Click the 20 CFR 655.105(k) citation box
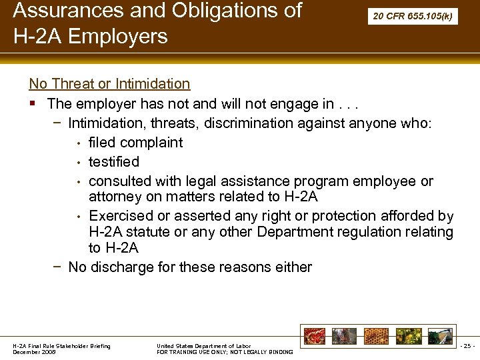(413, 16)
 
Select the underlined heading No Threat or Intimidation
(109, 84)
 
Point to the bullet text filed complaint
(135, 142)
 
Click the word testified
(114, 161)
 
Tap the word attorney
(115, 197)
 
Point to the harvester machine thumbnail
(440, 336)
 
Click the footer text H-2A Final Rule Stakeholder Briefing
(62, 345)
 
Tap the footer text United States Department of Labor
(203, 345)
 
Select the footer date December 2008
(35, 352)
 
